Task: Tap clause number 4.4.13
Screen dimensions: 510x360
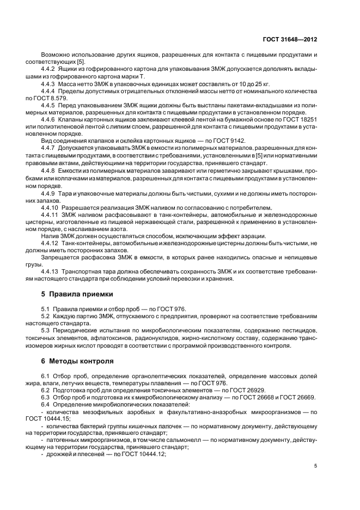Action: click(52, 271)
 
